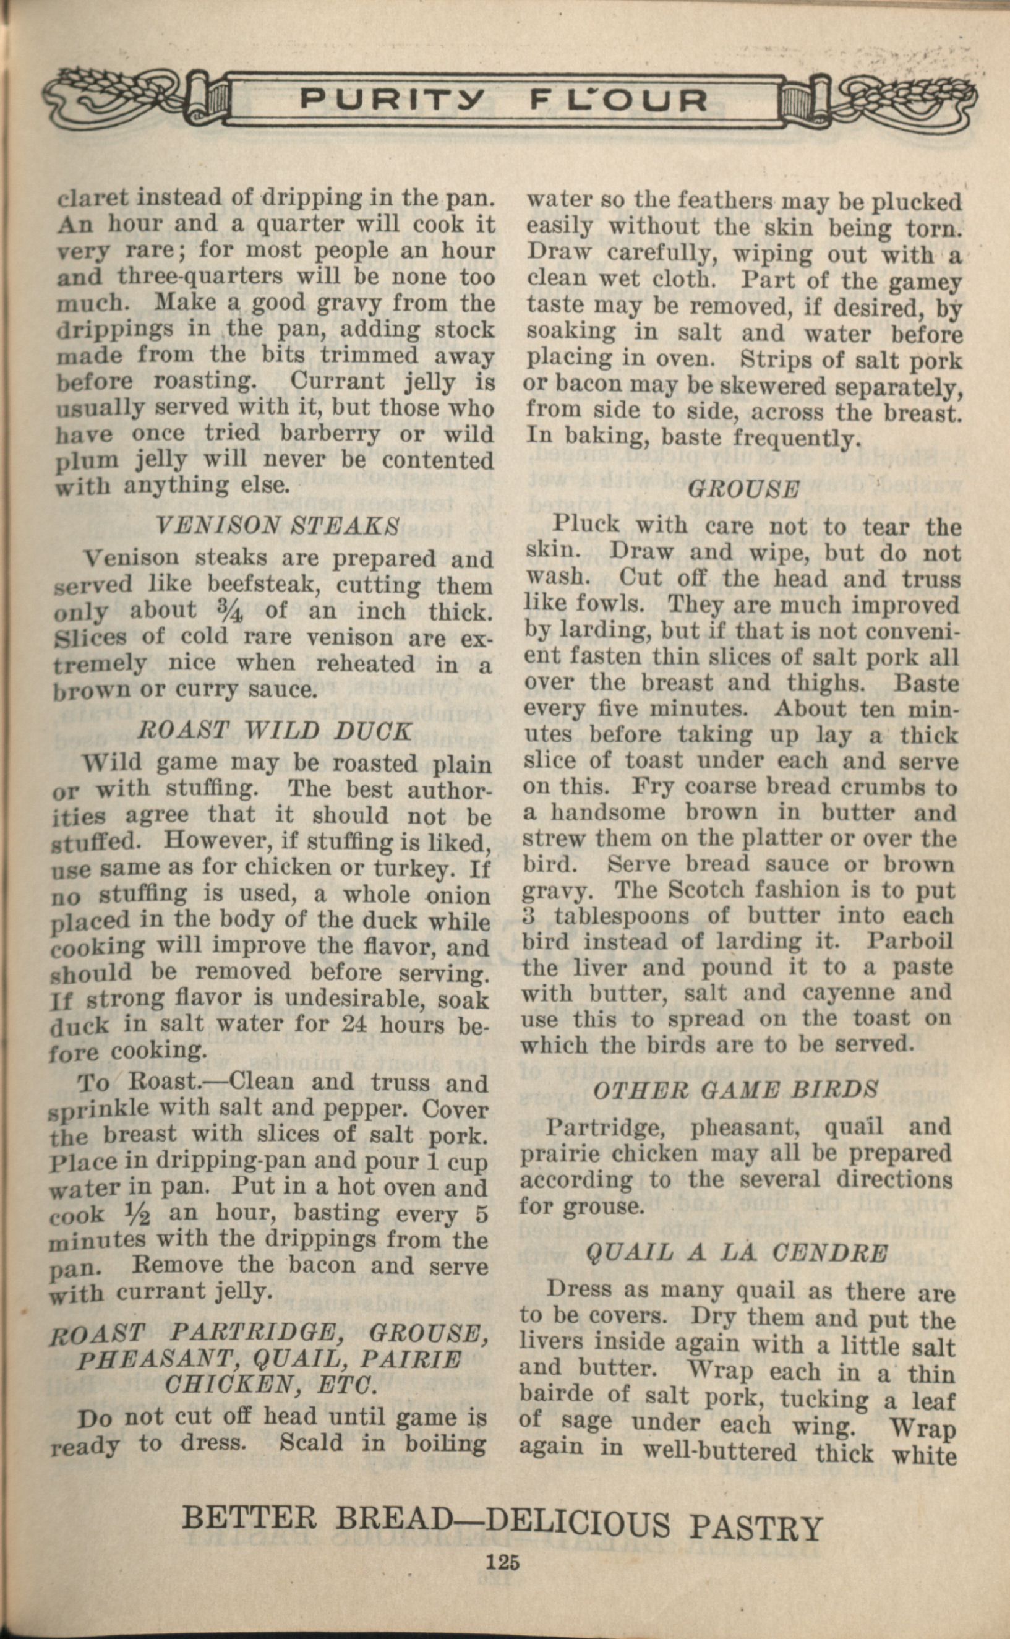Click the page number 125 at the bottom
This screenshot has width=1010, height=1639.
click(x=503, y=1563)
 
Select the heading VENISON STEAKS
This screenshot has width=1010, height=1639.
click(x=277, y=525)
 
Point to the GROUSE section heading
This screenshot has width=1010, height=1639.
click(x=743, y=490)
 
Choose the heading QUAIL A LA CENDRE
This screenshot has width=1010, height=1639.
click(x=737, y=1252)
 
